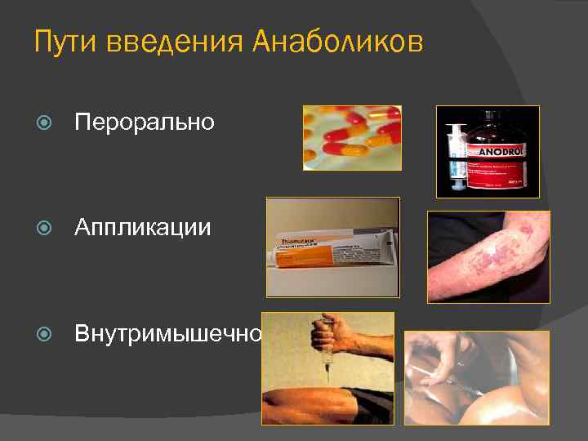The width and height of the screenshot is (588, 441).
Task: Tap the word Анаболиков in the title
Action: (x=338, y=42)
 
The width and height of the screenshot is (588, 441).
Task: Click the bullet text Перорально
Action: (x=145, y=122)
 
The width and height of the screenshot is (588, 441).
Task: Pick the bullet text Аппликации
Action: (x=142, y=227)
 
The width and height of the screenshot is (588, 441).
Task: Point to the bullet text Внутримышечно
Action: (x=168, y=333)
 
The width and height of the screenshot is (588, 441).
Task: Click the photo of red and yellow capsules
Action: (x=352, y=137)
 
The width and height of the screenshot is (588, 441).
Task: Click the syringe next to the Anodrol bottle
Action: (x=455, y=155)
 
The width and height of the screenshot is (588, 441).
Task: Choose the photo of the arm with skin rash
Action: (x=488, y=256)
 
